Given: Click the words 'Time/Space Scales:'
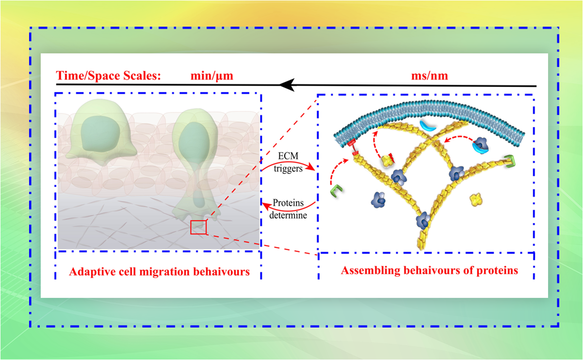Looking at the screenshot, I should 108,76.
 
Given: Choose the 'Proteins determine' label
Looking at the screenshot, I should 290,209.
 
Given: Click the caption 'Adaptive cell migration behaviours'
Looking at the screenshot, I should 159,272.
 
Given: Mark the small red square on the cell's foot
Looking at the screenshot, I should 198,227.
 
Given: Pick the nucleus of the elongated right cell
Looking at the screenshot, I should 195,141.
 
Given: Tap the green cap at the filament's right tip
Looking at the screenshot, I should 509,161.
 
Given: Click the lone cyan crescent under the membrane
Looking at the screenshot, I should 429,125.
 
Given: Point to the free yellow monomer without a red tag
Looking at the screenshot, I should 477,198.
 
